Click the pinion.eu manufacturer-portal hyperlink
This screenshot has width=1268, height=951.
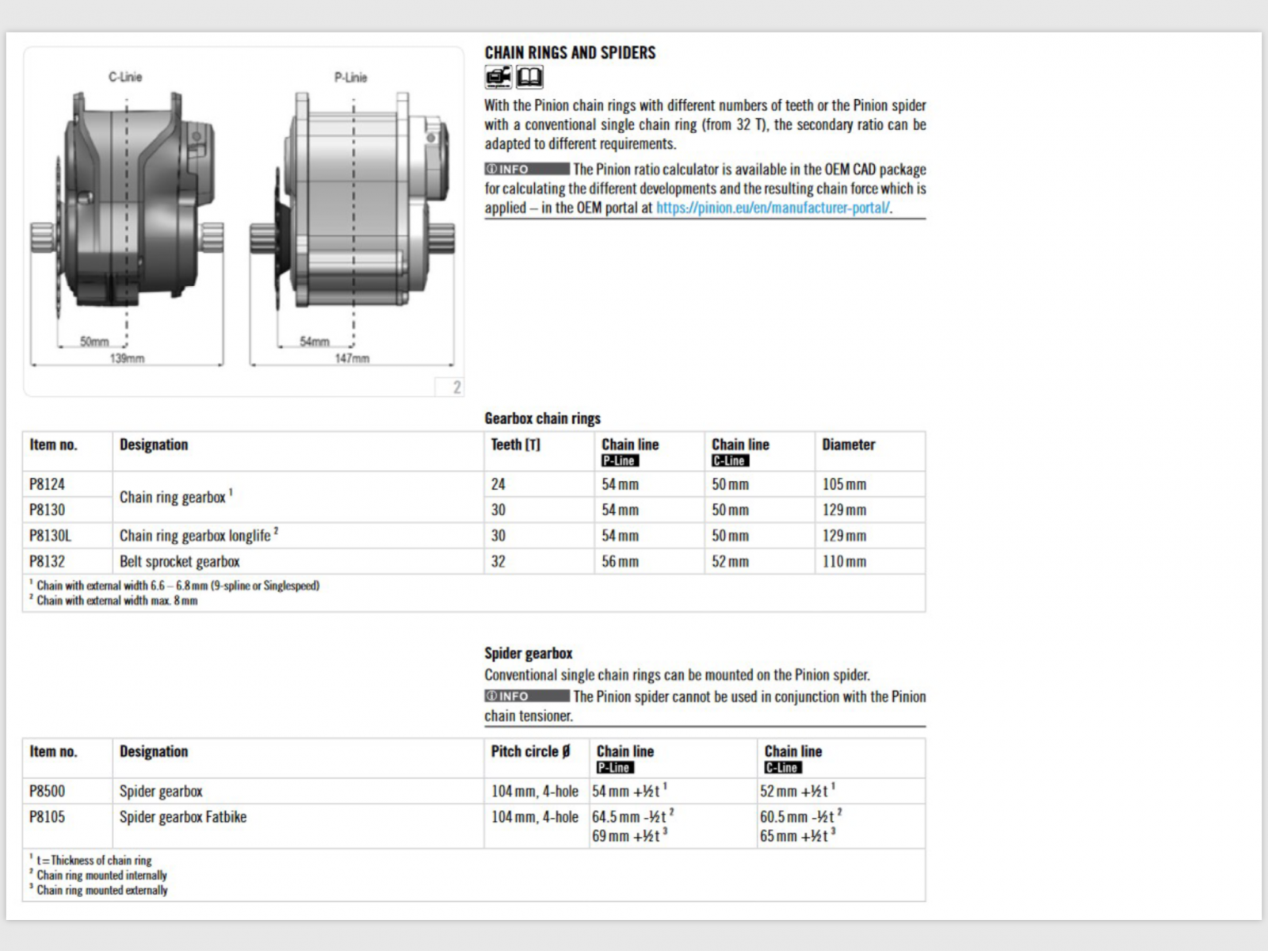click(773, 208)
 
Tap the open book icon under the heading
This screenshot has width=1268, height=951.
click(529, 77)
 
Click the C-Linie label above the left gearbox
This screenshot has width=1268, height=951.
click(125, 77)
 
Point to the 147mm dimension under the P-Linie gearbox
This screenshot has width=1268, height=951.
click(352, 358)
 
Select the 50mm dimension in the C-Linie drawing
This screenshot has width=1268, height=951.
click(94, 342)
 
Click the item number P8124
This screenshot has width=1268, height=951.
click(47, 484)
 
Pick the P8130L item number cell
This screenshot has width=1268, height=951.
click(50, 536)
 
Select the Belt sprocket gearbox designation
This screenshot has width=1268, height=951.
click(179, 561)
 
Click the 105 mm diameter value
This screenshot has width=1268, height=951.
click(844, 484)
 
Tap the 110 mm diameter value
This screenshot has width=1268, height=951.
click(844, 561)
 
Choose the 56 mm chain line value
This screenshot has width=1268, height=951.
click(620, 561)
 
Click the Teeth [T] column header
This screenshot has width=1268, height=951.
click(515, 445)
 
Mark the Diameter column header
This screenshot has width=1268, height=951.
click(848, 445)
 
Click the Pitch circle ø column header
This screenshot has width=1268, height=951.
click(530, 751)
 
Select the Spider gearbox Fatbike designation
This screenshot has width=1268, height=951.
click(183, 816)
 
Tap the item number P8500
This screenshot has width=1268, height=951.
click(47, 791)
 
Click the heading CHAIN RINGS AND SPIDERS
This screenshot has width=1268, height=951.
click(570, 53)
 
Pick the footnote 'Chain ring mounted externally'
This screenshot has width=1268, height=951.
click(102, 890)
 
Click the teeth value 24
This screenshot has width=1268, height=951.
click(498, 484)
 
